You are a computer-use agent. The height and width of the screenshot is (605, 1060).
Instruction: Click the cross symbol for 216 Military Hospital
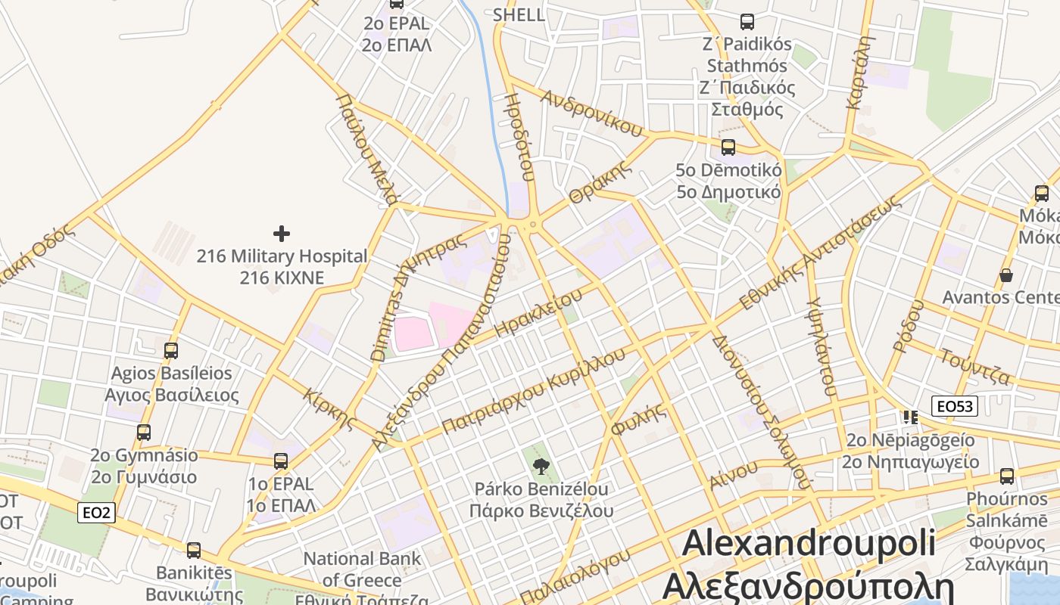pos(281,234)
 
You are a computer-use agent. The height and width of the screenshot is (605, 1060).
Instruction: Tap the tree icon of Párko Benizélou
pos(541,466)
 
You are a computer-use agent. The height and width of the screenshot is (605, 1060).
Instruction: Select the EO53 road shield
pos(954,407)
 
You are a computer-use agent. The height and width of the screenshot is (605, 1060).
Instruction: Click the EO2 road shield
pos(96,513)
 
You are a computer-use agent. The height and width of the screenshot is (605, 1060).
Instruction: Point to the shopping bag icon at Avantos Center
pos(1005,275)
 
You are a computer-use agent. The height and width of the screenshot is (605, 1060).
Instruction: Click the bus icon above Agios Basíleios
pos(171,351)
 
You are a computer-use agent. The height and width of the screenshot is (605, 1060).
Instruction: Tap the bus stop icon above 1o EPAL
pos(281,461)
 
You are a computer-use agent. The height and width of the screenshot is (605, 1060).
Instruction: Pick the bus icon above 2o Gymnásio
pos(144,433)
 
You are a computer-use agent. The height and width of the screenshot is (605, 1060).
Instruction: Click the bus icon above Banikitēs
pos(194,551)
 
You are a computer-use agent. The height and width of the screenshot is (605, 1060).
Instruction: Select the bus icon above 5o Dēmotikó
pos(728,147)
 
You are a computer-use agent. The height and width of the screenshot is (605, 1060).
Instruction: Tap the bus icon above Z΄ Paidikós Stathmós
pos(747,22)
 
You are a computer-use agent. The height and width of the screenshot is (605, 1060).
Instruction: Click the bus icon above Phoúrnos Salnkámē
pos(1006,476)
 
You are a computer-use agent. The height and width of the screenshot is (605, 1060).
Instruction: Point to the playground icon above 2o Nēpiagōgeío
pos(910,417)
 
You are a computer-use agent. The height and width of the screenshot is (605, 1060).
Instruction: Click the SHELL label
pos(519,14)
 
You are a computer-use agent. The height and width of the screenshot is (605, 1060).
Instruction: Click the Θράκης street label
pos(600,182)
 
